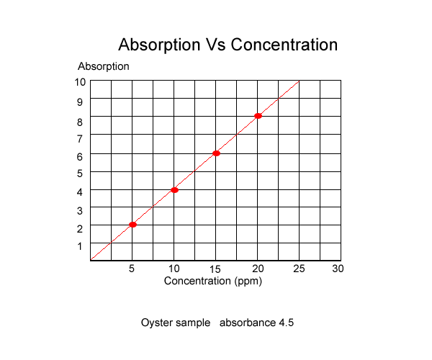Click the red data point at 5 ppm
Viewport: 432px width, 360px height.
[132, 225]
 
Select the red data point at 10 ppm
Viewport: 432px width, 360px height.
[174, 190]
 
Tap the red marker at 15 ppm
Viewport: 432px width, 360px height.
[216, 153]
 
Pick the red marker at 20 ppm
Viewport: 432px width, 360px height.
[258, 116]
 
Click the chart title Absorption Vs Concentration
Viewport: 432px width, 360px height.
[228, 45]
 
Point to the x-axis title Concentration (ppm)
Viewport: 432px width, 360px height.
[212, 282]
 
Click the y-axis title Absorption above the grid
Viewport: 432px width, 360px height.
[103, 66]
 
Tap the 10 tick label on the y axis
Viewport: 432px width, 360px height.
[80, 82]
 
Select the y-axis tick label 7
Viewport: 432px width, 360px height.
[80, 138]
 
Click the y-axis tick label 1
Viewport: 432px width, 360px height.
[80, 246]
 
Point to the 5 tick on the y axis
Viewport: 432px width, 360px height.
[80, 174]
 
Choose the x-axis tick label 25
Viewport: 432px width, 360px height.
[299, 269]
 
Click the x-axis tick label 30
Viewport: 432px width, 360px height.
[338, 269]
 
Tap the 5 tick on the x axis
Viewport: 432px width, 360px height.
[132, 269]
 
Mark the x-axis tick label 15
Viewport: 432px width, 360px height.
[215, 269]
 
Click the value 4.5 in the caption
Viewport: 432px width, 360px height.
[287, 323]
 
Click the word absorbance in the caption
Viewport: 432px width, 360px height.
[248, 323]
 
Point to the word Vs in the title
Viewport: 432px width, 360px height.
[216, 45]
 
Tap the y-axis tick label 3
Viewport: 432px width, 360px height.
[80, 211]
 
